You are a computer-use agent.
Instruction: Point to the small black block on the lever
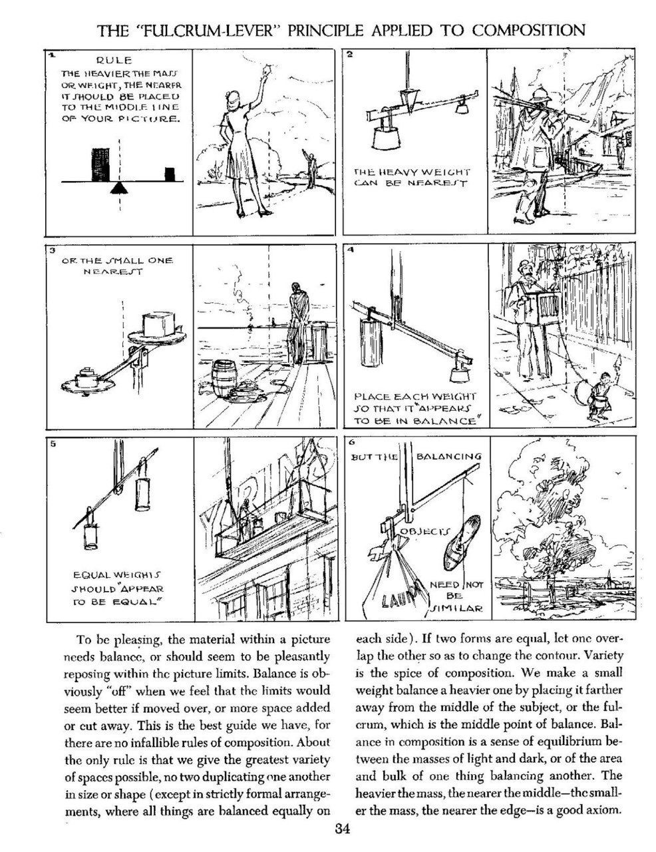click(171, 174)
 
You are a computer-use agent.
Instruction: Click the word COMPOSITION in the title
click(529, 30)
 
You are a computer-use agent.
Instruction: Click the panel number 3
click(51, 251)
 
